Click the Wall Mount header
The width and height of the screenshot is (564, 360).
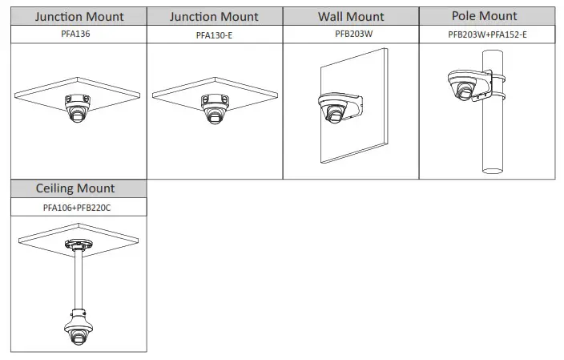350,16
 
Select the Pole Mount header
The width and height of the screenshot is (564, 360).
485,16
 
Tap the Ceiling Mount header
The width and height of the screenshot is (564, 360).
75,188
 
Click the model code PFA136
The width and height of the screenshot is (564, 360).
79,34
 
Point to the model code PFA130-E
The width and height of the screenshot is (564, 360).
214,35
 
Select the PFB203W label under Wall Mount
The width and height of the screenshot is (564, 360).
350,34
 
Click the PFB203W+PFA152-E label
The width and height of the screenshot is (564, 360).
487,35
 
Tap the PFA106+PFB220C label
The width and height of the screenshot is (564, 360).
78,208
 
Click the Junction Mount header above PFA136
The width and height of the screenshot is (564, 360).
79,16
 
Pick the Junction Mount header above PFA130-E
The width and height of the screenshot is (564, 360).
214,16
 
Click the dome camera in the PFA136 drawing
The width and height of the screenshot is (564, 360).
77,109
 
